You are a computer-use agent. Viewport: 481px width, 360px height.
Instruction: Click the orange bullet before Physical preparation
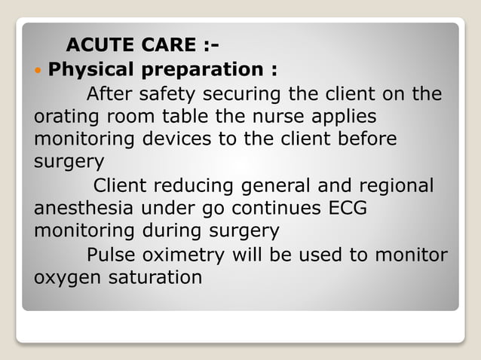pyautogui.click(x=39, y=70)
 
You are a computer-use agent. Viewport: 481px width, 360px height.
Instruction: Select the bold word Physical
pyautogui.click(x=93, y=70)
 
